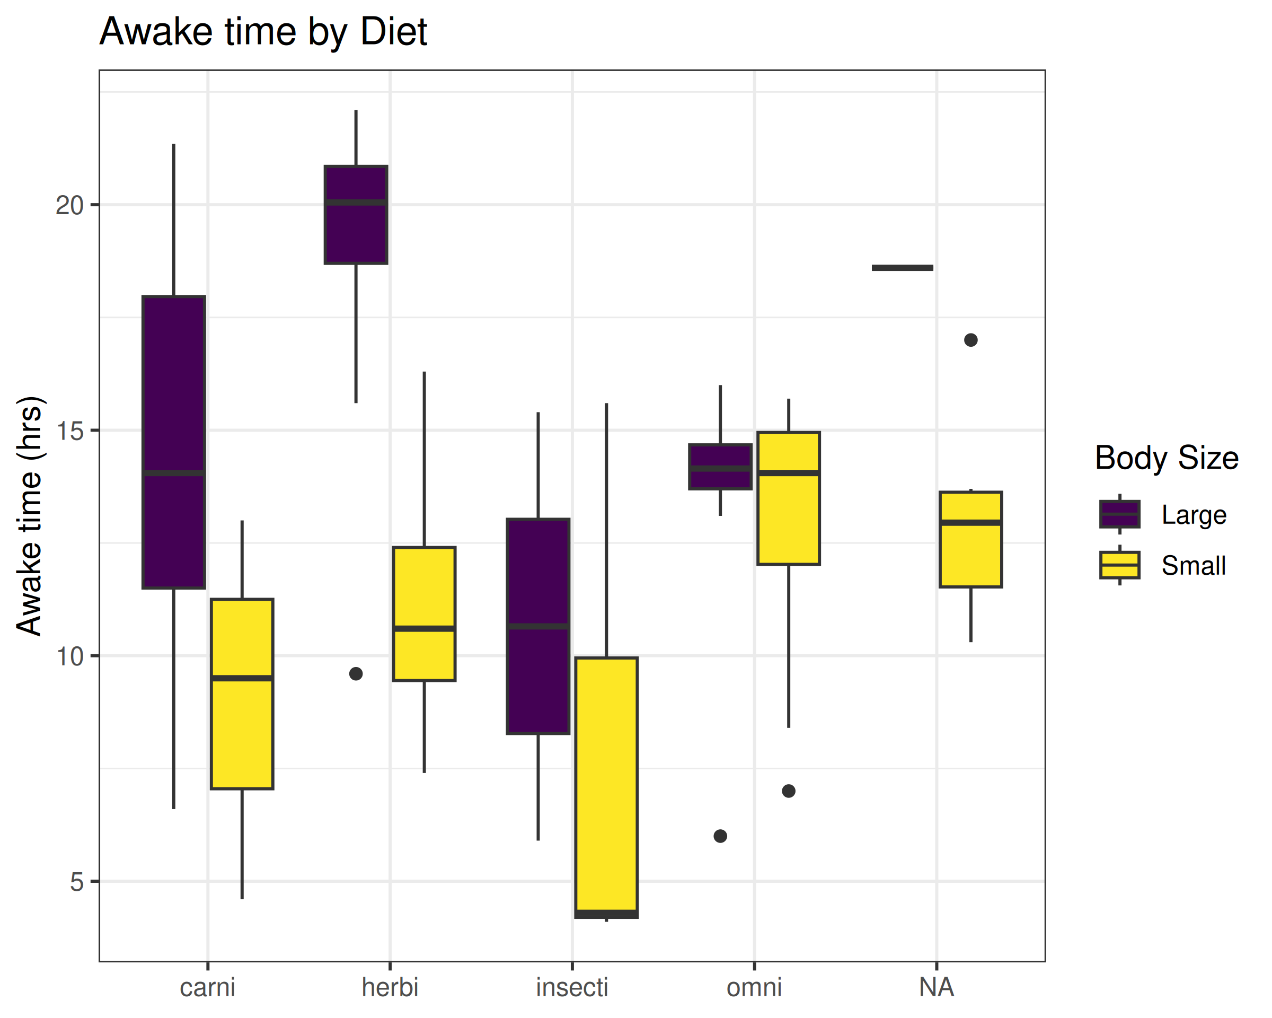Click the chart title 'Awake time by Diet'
click(263, 31)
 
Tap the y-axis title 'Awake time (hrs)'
click(30, 516)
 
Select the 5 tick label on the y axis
click(77, 882)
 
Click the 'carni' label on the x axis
click(207, 987)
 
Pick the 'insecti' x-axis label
click(572, 987)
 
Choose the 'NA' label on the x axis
click(937, 987)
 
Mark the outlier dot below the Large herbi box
click(356, 674)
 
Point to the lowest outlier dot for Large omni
click(720, 836)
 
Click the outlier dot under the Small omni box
click(789, 791)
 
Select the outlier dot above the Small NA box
click(971, 340)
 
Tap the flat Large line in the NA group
click(903, 268)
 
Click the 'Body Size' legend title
click(1167, 458)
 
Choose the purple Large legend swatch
click(1120, 514)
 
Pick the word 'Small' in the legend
click(1194, 566)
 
